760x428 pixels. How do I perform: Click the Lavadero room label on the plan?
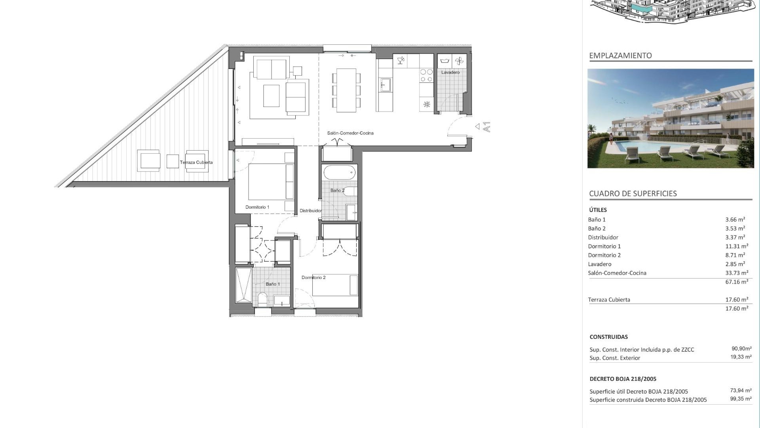[450, 73]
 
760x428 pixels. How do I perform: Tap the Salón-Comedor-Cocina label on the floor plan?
[350, 133]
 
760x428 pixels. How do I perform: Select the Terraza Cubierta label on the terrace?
[196, 162]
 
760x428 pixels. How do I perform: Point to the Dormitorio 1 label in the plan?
[257, 207]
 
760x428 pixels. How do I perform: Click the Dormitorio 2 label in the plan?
[313, 277]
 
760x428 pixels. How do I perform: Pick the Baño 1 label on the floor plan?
[273, 284]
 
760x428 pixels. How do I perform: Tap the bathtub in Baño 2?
[340, 173]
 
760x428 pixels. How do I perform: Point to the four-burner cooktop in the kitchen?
[426, 75]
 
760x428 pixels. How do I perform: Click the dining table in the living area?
[346, 90]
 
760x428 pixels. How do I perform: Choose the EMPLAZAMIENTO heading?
[620, 55]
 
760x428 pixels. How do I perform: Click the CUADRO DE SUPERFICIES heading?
[633, 193]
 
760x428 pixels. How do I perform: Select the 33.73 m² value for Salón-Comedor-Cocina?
[737, 273]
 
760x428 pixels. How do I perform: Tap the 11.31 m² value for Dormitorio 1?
[737, 246]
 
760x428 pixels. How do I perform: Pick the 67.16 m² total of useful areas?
[737, 282]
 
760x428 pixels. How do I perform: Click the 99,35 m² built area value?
[741, 399]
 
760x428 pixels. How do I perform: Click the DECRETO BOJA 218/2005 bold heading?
[623, 379]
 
